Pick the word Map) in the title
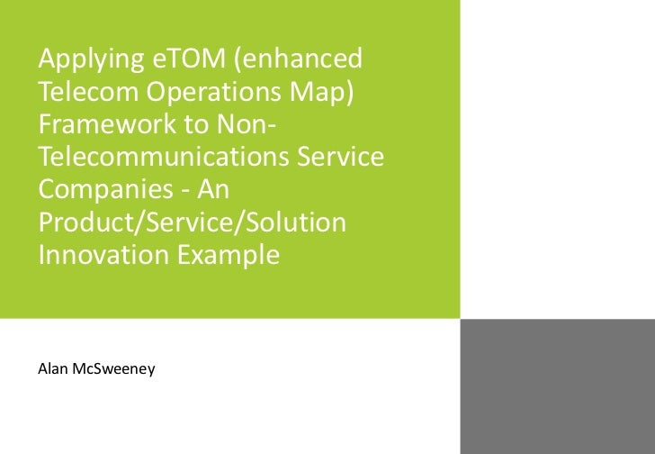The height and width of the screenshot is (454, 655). pyautogui.click(x=320, y=94)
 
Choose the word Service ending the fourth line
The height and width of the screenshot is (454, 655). pyautogui.click(x=346, y=158)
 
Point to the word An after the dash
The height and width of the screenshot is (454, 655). pyautogui.click(x=216, y=190)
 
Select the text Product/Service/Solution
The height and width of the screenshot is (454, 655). pyautogui.click(x=192, y=222)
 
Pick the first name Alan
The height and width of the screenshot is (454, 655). pyautogui.click(x=52, y=368)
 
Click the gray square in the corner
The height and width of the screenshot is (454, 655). pyautogui.click(x=558, y=386)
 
